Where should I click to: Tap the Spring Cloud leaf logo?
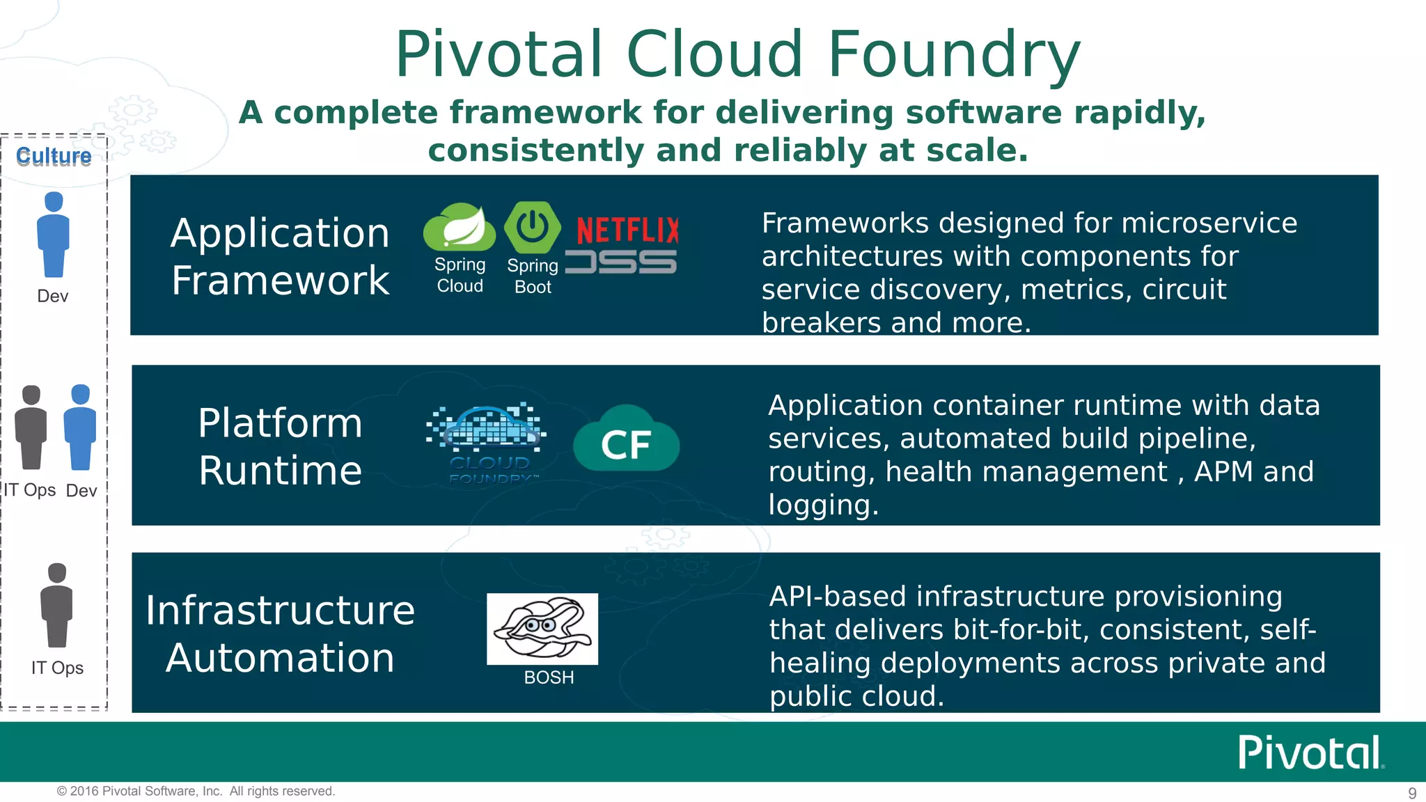point(460,228)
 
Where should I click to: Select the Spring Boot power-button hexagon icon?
point(533,227)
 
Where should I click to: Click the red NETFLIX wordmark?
point(627,230)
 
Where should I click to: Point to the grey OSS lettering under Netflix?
point(620,262)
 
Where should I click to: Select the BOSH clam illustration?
point(542,628)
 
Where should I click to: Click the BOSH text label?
point(549,677)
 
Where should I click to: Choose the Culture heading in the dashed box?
point(54,157)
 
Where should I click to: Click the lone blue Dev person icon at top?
point(53,235)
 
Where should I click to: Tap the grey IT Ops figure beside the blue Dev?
point(31,427)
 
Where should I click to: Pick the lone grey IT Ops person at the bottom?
point(56,605)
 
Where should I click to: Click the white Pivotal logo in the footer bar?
point(1310,753)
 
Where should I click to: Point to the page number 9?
point(1412,793)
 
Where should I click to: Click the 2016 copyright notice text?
point(196,792)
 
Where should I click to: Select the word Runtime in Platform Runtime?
point(280,471)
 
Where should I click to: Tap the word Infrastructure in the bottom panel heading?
point(280,611)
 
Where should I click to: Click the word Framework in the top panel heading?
point(280,281)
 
